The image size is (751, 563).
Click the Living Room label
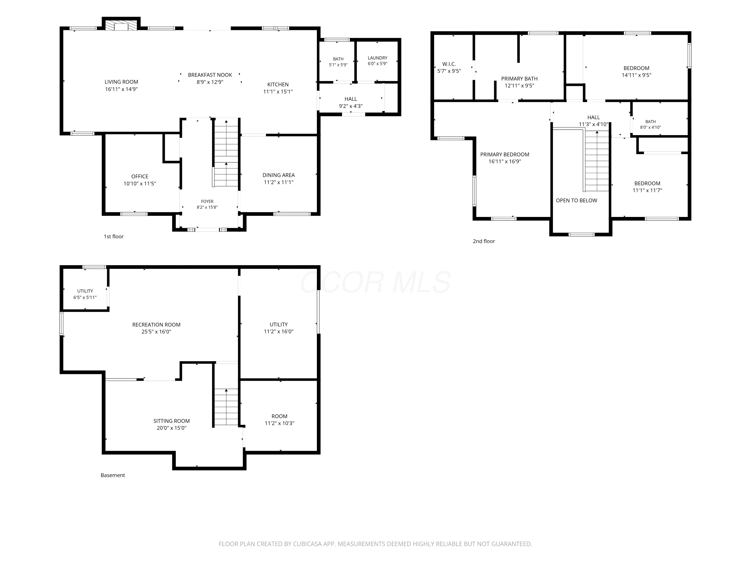coord(121,82)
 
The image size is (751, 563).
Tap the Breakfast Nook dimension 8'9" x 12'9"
coord(210,82)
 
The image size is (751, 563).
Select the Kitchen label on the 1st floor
coord(278,85)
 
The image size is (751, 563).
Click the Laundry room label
coord(378,58)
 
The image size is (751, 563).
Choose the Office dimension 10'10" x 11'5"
coord(139,184)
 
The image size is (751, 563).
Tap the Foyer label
coord(207,201)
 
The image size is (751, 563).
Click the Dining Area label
coord(278,175)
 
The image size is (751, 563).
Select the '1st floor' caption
coord(113,236)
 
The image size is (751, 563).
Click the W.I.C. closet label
coord(449,64)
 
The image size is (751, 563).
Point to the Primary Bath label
coord(519,79)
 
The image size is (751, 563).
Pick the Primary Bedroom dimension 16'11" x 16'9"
coord(504,162)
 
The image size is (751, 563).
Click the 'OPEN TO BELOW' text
coord(576,201)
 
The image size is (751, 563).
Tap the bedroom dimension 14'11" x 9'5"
coord(636,75)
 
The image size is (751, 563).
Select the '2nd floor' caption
coord(484,241)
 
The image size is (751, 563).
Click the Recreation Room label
coord(156,325)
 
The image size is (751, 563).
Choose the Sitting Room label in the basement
coord(171,421)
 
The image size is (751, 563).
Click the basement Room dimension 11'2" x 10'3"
coord(279,423)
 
